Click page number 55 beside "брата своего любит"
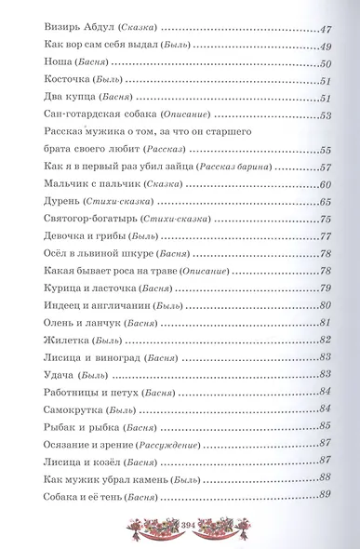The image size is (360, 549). click(x=325, y=149)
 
